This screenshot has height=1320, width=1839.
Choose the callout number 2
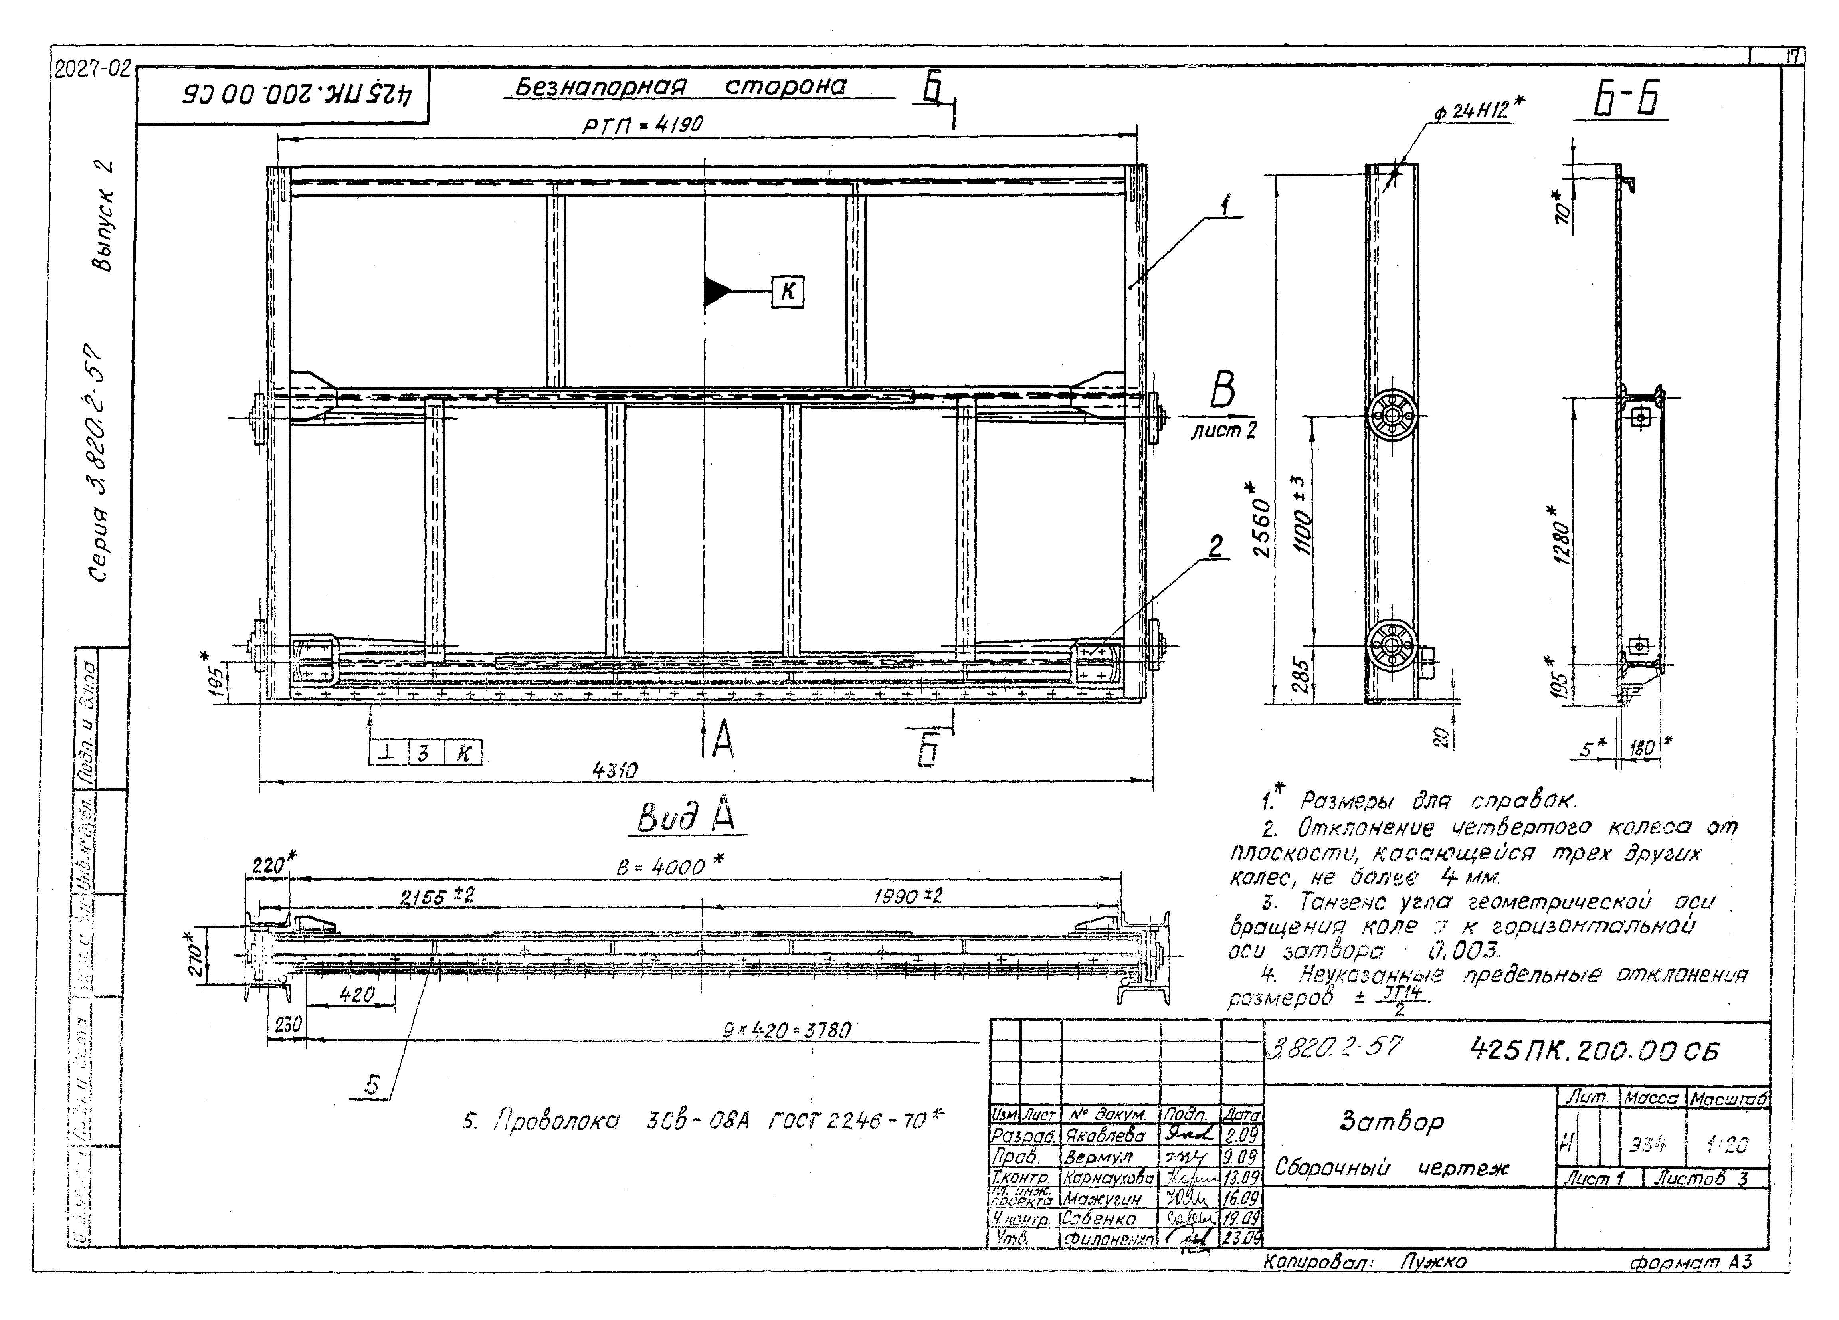tap(1215, 547)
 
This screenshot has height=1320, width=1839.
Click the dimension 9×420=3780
tap(786, 1031)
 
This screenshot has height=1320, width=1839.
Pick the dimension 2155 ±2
tap(438, 897)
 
